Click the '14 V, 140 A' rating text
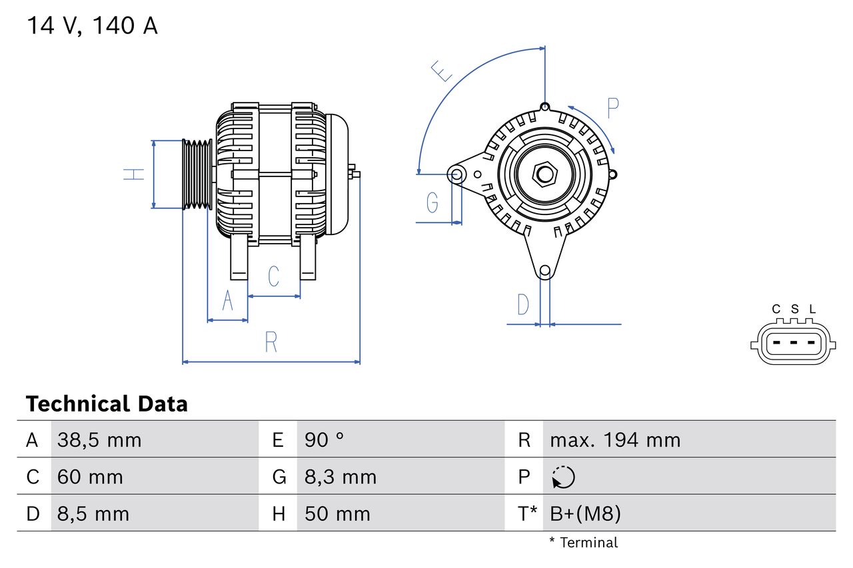pos(92,26)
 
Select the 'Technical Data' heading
pos(107,404)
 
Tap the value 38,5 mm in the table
pos(99,440)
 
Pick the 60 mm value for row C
pos(90,477)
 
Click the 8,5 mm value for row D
pos(93,513)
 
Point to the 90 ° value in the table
pos(324,440)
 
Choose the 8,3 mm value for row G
pos(341,477)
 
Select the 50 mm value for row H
pos(337,513)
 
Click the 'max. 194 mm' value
pos(615,440)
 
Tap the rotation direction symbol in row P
pos(563,477)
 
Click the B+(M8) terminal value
pos(585,513)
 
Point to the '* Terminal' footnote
pos(584,543)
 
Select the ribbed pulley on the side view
pos(197,174)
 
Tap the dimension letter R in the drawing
pos(271,342)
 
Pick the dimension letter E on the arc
pos(441,71)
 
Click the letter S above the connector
pos(794,309)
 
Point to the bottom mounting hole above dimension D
pos(545,270)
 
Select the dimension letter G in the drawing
pos(432,202)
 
